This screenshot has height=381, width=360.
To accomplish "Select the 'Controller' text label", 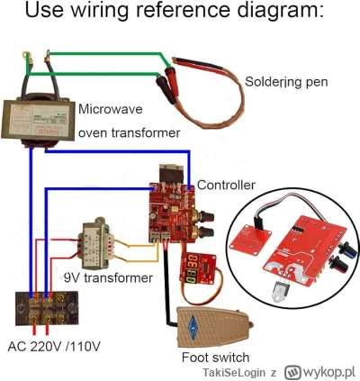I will coord(226,184).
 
